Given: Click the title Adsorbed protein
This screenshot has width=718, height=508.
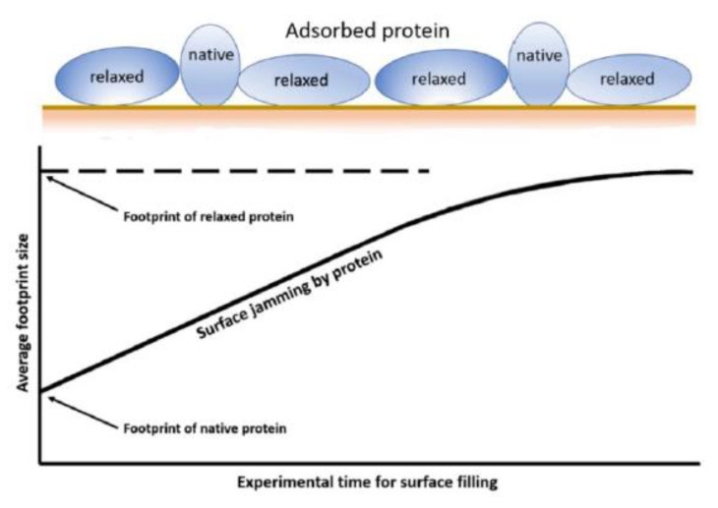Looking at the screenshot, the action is pos(367,31).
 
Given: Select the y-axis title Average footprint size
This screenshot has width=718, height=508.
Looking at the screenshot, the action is pos(22,312).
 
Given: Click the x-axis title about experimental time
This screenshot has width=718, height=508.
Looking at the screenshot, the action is pos(367,482).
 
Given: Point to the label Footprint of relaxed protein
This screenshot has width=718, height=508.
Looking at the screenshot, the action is pos(209,216).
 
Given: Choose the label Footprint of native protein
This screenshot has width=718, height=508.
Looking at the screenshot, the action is pos(205,428).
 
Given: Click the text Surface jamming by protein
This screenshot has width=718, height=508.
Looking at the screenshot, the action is pos(289,294).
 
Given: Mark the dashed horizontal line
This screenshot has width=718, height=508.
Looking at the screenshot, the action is pos(235,171).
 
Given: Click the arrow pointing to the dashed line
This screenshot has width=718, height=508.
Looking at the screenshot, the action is pos(82,194).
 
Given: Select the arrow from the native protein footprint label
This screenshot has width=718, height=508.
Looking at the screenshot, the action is pos(83,413).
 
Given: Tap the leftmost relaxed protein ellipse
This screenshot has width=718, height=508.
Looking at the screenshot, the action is pos(117,76).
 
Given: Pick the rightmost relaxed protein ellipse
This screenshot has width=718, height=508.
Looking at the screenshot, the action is pos(628,80).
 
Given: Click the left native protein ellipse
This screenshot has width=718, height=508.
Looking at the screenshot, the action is pos(210,65).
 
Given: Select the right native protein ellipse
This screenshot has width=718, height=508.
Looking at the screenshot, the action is pos(539,64).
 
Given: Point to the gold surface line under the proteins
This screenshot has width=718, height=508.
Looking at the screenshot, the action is pos(369,107).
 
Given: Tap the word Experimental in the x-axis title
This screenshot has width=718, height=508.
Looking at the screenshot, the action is pos(283,482).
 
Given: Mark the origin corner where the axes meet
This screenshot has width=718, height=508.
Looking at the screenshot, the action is pos(40,464).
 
